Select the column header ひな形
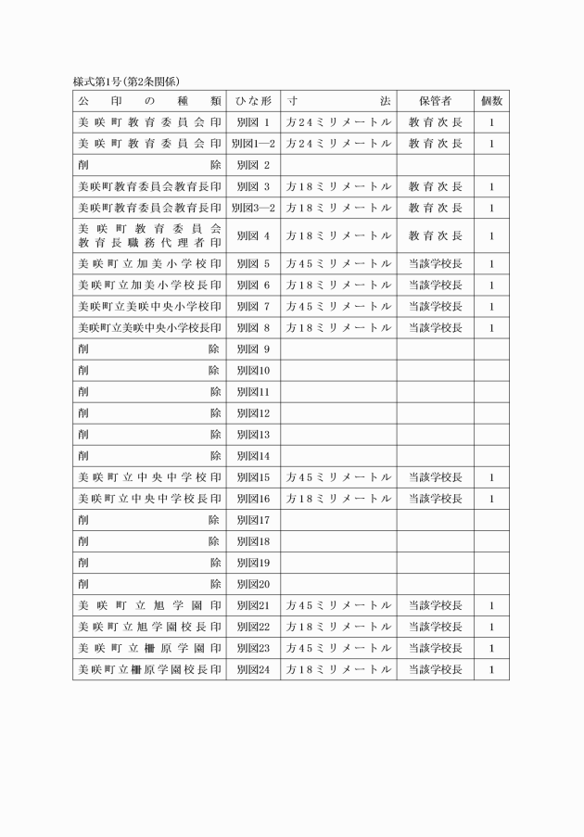tap(253, 100)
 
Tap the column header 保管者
tap(435, 100)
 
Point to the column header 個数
tap(491, 100)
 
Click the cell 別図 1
tap(253, 122)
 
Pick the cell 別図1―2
tap(253, 144)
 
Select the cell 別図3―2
tap(253, 208)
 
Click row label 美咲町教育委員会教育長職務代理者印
tap(149, 235)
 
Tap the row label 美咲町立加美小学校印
tap(149, 264)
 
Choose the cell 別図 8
tap(253, 327)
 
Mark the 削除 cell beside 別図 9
tap(149, 349)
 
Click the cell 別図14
tap(253, 456)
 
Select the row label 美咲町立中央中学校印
tap(149, 477)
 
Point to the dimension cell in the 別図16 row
tap(339, 499)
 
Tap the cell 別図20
tap(253, 584)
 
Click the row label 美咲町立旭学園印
tap(149, 605)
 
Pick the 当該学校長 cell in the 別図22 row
tap(435, 627)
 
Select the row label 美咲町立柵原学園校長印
tap(149, 669)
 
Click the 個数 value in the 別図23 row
tap(491, 648)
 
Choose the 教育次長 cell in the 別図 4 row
tap(435, 235)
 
